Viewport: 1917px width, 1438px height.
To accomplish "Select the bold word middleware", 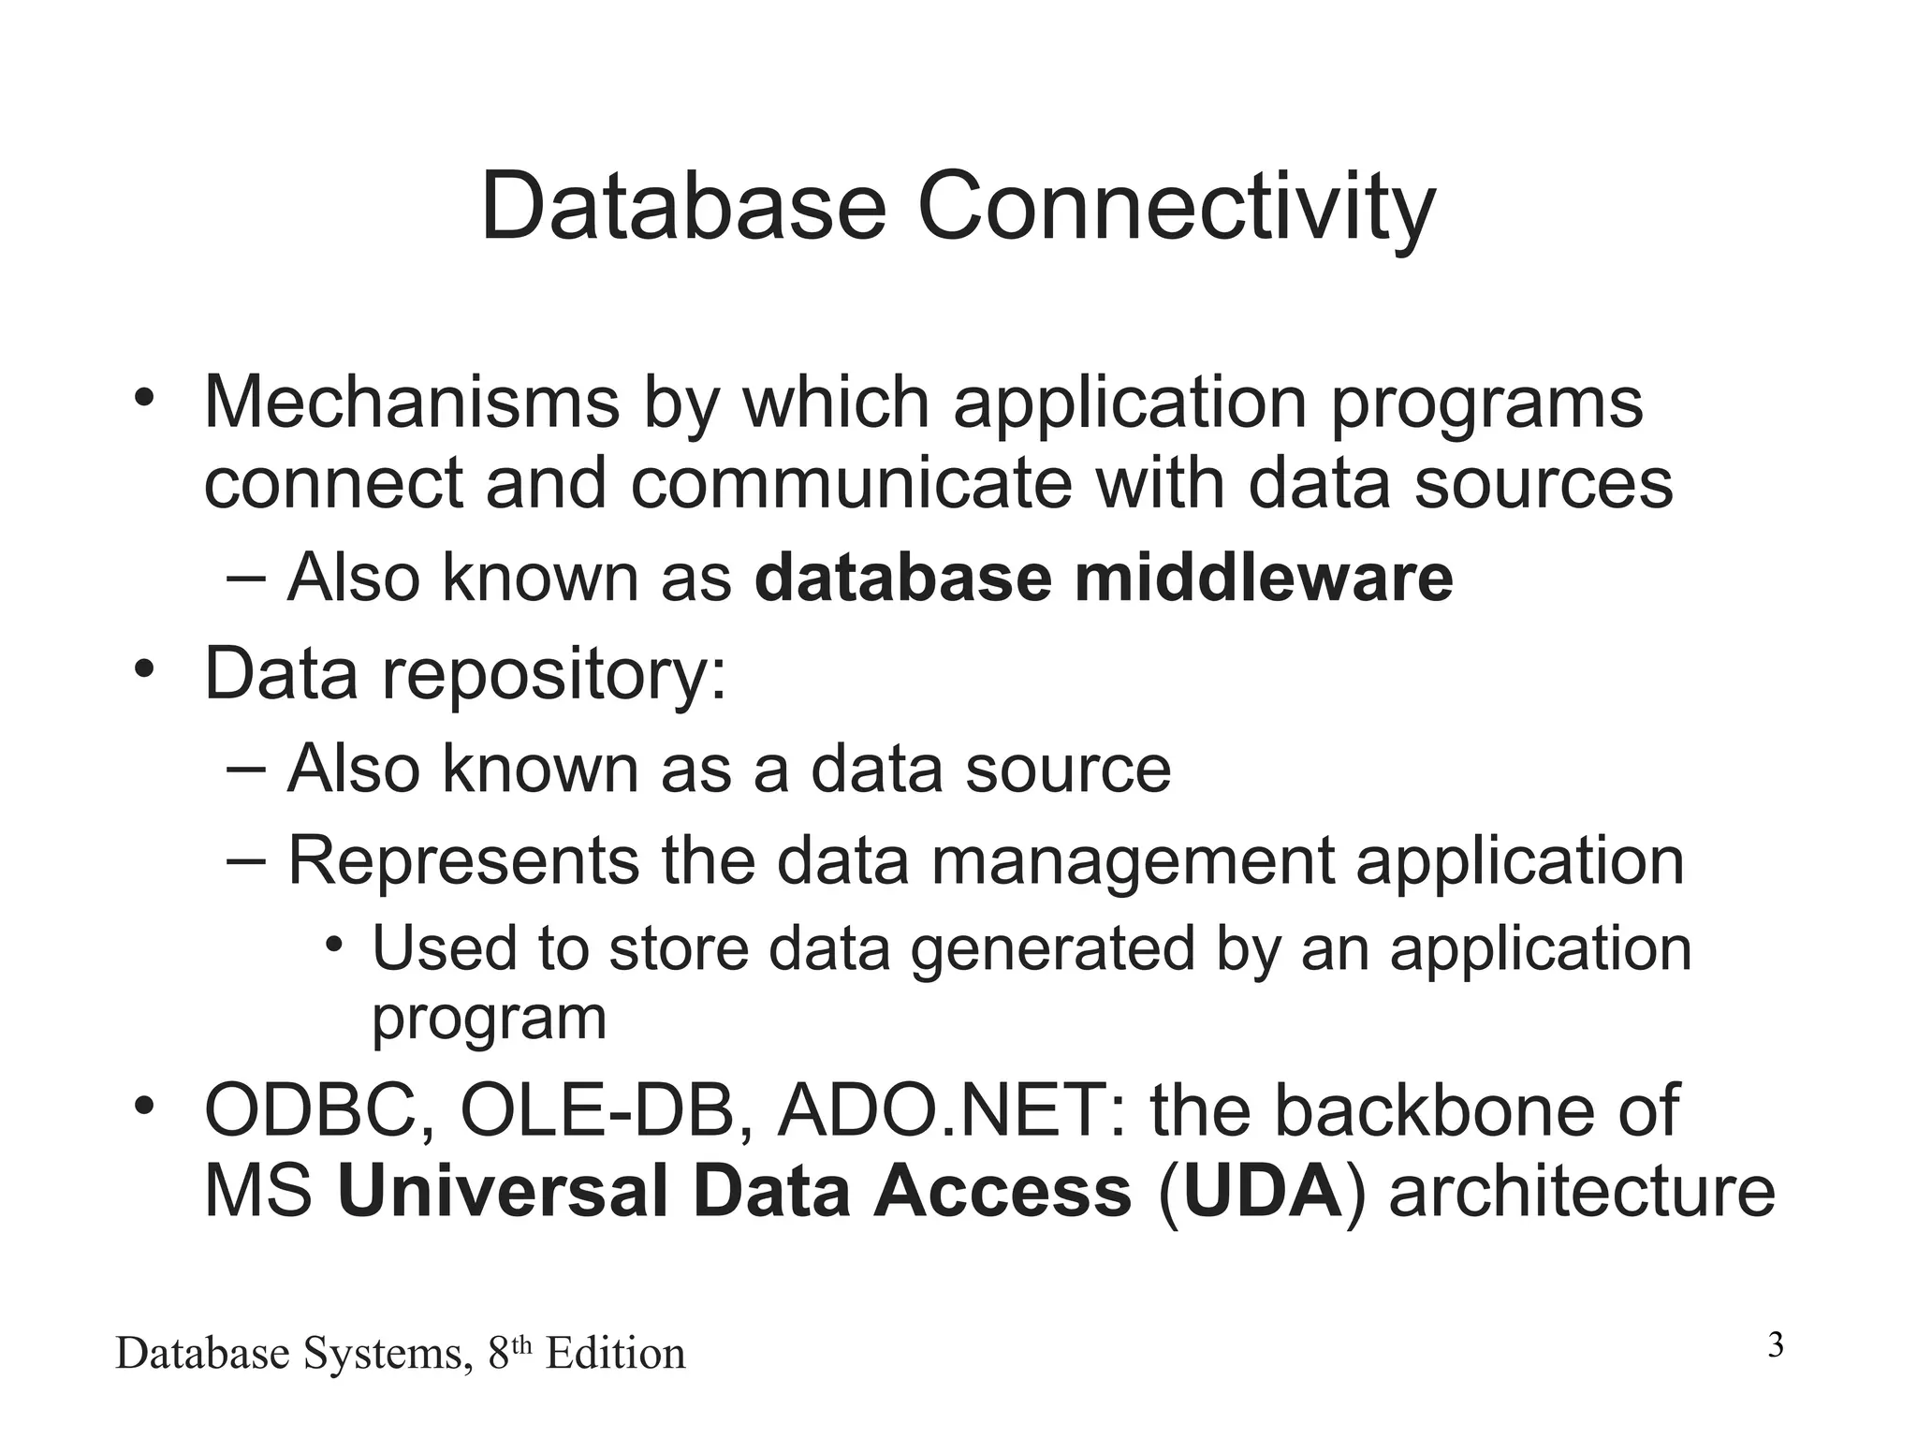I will (1264, 578).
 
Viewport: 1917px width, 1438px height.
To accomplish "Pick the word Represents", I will (463, 859).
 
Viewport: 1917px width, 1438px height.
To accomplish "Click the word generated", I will (1052, 949).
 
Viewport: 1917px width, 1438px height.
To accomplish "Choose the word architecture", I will (1581, 1193).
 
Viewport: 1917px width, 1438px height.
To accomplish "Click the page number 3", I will (1776, 1346).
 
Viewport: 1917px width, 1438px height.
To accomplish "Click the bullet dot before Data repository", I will (142, 670).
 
